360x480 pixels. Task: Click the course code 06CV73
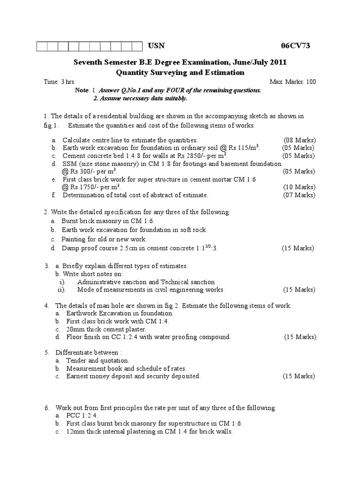[x=295, y=46]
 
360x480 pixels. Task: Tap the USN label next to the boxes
[x=157, y=46]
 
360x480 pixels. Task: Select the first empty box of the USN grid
[x=42, y=46]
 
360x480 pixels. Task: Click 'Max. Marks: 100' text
[x=293, y=82]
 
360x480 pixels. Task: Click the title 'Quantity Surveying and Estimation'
[x=180, y=72]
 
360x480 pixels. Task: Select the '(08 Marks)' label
[x=300, y=140]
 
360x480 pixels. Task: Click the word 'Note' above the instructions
[x=82, y=90]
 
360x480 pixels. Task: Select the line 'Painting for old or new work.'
[x=104, y=239]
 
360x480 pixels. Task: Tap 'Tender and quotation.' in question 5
[x=97, y=360]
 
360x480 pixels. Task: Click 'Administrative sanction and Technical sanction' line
[x=146, y=282]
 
